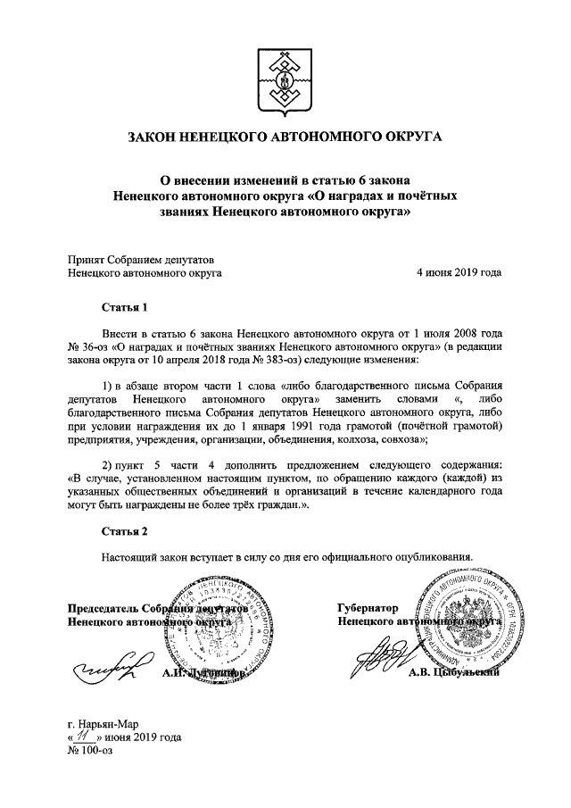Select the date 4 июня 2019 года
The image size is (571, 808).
459,273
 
